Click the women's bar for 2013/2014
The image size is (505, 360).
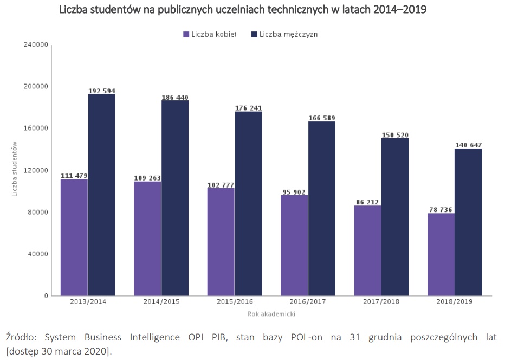pos(74,237)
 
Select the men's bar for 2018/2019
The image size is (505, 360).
pos(468,222)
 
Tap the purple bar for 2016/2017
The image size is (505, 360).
pos(294,245)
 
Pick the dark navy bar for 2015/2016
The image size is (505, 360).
pos(248,203)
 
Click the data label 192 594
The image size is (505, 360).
pos(102,91)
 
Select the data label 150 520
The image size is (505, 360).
pos(395,135)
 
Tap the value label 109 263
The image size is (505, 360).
pos(147,178)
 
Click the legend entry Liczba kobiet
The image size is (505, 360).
pos(210,34)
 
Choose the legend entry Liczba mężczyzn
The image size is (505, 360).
pos(284,34)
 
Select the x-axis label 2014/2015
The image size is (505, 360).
pos(161,302)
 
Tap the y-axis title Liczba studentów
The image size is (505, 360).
pos(16,169)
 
